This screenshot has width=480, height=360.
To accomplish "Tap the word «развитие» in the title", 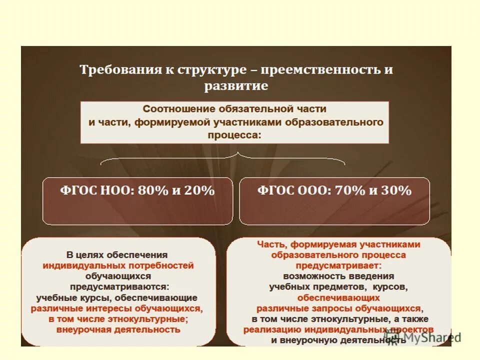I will [236, 86].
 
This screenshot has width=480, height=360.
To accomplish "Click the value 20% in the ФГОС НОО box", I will [198, 190].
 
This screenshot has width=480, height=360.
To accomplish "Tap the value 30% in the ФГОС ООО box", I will [395, 190].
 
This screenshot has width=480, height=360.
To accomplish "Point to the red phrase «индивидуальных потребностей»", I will [118, 265].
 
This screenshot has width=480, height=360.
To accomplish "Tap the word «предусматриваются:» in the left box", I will [119, 286].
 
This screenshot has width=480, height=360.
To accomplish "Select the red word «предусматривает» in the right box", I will [337, 265].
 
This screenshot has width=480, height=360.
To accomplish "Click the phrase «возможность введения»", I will [338, 276].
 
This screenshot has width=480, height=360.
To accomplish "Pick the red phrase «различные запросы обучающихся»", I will [338, 308].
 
